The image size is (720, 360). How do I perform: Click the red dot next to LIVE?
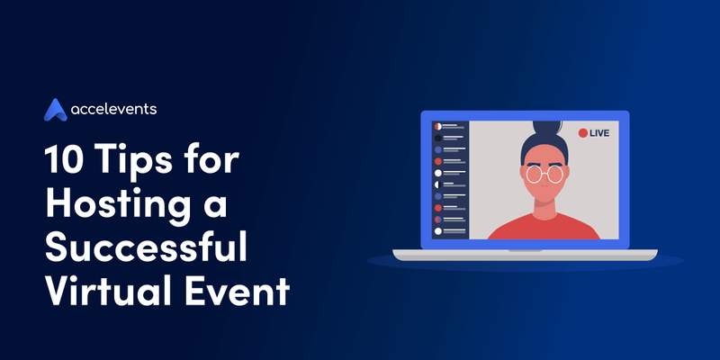(583, 133)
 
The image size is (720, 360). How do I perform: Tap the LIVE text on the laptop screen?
(600, 133)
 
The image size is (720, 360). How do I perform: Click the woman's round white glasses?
(544, 173)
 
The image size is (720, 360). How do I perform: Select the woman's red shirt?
(544, 227)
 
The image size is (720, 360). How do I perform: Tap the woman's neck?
(544, 205)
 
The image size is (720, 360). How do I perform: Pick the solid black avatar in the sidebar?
(437, 138)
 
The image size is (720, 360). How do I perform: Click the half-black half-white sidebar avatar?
(437, 184)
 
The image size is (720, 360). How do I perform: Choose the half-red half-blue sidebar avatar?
(437, 220)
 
